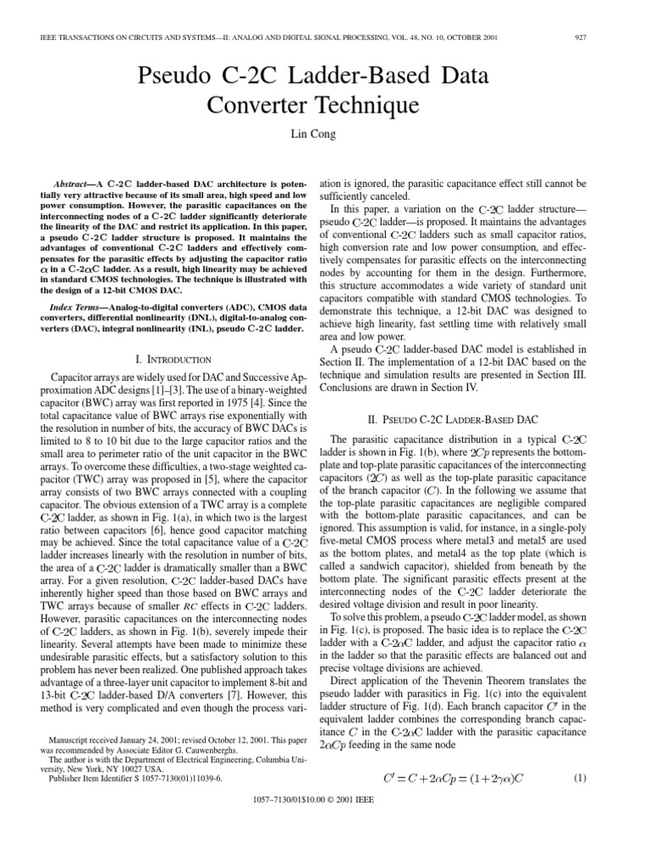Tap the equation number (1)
[580, 801]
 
